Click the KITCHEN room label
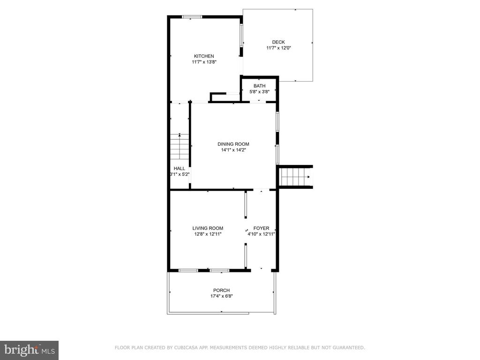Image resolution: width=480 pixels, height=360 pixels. tap(204, 56)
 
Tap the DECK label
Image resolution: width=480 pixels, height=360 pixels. tap(278, 42)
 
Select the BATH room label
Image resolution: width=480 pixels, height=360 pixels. tap(259, 86)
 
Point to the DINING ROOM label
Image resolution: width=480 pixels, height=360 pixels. tap(233, 144)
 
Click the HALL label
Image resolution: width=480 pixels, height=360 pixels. tap(180, 168)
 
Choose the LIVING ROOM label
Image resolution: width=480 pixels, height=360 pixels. tap(208, 228)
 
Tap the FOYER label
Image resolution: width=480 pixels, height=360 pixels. tap(261, 228)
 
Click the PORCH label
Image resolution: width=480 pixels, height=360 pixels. tap(221, 290)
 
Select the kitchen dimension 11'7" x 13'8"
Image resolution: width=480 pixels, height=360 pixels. tap(204, 62)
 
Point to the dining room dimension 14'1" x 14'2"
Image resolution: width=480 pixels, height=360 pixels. tap(233, 150)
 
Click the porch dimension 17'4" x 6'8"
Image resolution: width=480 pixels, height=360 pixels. tap(221, 296)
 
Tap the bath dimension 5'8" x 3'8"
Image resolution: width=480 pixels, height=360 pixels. tap(259, 91)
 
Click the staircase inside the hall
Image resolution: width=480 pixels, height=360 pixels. tap(180, 146)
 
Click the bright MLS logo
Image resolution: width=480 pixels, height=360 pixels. tap(30, 350)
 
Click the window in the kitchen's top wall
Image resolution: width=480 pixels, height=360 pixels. tap(192, 17)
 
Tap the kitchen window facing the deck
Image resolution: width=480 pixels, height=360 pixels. tap(241, 35)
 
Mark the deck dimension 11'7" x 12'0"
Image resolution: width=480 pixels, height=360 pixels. tap(278, 48)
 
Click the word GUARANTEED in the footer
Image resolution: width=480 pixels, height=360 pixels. tap(349, 347)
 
